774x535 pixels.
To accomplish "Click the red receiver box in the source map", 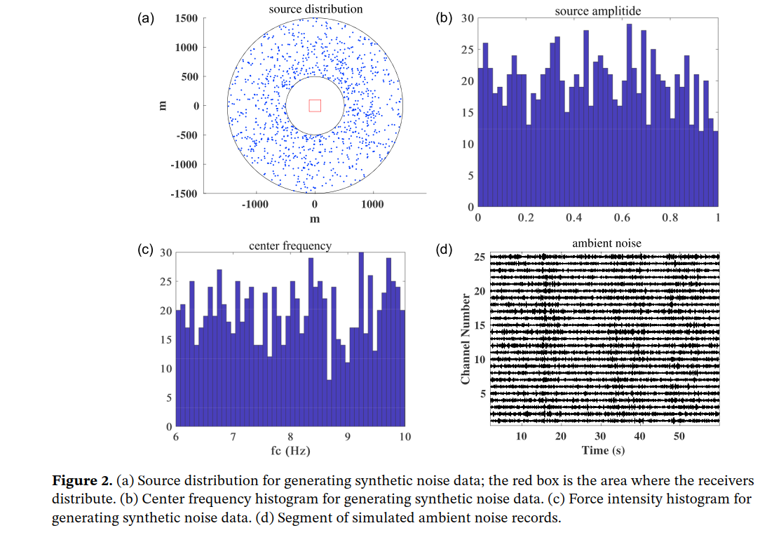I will point(315,105).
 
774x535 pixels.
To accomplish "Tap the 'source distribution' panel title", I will point(315,9).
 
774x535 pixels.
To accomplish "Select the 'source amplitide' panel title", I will point(597,11).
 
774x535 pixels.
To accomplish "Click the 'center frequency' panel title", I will point(290,245).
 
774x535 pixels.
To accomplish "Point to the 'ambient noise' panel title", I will point(606,243).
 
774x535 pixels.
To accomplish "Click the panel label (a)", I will point(146,18).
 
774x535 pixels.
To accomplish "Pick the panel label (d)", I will point(444,250).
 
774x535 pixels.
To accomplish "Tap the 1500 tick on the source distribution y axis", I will point(186,18).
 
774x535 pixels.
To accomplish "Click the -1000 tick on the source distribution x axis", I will point(255,204).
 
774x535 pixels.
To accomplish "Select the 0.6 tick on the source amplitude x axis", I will point(622,218).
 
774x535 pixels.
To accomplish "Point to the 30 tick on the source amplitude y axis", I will point(468,18).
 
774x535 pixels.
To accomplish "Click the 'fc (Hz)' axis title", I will point(290,450).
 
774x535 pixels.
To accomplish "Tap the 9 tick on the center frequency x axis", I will point(348,438).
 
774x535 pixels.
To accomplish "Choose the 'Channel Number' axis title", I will point(465,339).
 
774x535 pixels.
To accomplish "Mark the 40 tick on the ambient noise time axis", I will point(639,437).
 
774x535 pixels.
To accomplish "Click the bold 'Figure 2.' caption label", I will point(82,481).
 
